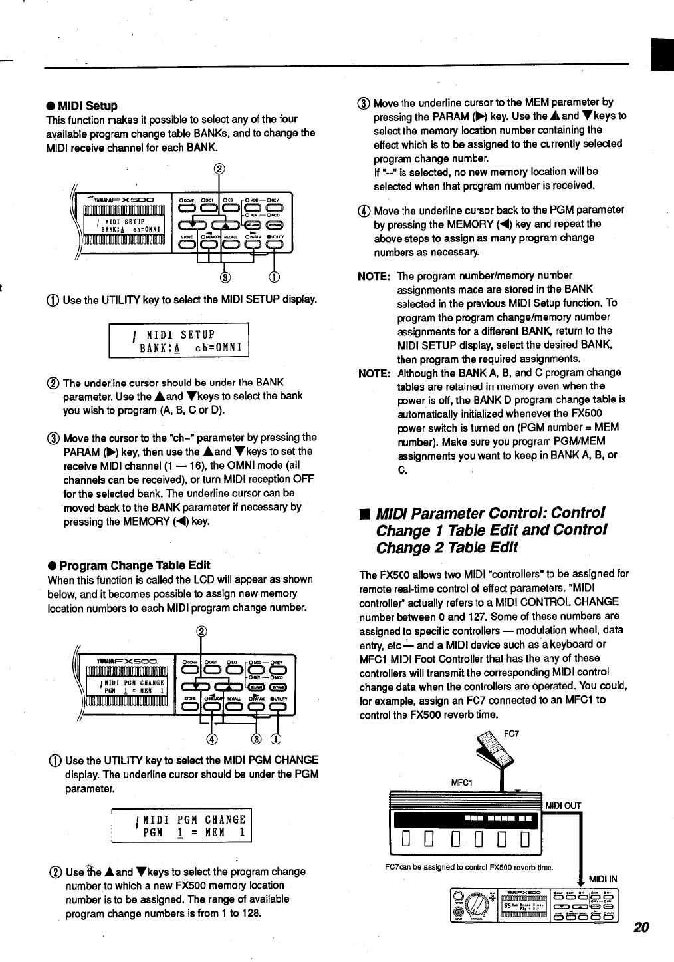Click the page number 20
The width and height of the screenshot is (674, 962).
coord(641,927)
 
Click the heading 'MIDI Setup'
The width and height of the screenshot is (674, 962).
coord(87,106)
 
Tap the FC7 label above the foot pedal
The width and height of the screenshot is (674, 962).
coord(511,734)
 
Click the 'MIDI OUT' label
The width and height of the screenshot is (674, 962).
coord(563,806)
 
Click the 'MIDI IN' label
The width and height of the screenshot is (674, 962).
coord(603,878)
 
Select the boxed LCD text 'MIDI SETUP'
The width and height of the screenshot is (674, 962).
coord(180,334)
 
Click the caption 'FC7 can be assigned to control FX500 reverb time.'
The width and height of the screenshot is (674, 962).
coord(469,866)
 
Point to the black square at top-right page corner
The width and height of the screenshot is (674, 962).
coord(663,54)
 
